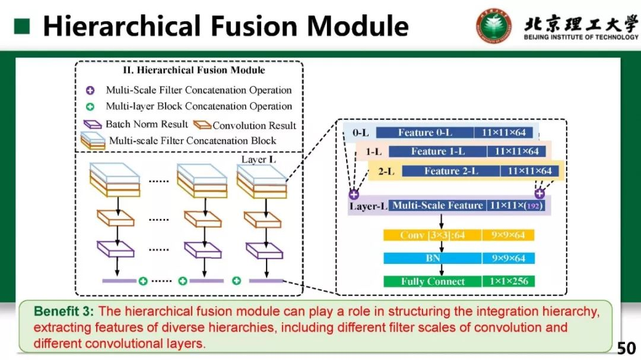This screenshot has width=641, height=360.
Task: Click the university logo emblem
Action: tap(494, 25)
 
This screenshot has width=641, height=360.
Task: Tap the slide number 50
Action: tap(626, 348)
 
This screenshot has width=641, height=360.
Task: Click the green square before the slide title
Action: tap(22, 26)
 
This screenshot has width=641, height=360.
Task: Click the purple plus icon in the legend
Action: tap(90, 91)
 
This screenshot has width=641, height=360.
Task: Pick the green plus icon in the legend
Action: tap(90, 107)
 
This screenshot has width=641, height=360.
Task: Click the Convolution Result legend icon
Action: tap(203, 125)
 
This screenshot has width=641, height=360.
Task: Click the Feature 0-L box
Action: tap(424, 133)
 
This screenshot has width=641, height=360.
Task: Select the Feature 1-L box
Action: tap(438, 151)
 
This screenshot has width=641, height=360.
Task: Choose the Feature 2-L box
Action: tap(451, 171)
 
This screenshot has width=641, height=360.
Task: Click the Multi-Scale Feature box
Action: tap(437, 206)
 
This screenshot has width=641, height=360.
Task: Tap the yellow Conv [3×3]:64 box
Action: tap(432, 235)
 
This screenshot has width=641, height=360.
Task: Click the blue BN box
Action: tap(432, 258)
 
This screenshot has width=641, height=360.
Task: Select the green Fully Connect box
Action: tap(432, 281)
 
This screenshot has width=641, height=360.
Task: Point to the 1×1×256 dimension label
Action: tap(509, 281)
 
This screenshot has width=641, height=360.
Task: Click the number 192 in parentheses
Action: tap(533, 206)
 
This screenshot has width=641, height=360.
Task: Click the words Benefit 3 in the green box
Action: tap(64, 311)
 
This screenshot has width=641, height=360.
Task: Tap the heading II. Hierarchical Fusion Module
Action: tap(193, 70)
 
